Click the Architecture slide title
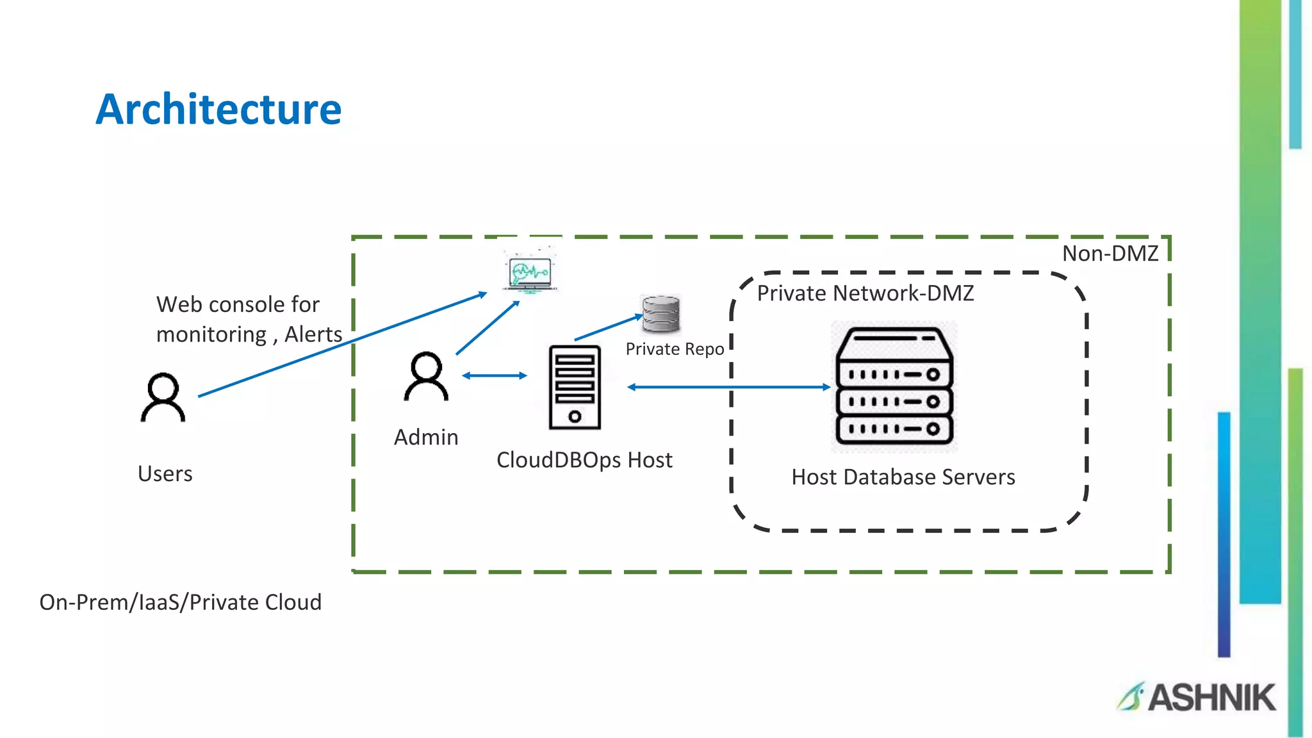pyautogui.click(x=218, y=109)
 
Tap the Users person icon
pyautogui.click(x=163, y=397)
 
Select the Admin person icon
pyautogui.click(x=425, y=377)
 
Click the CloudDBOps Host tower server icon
pyautogui.click(x=575, y=387)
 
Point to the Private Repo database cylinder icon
pyautogui.click(x=660, y=314)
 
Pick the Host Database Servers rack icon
pyautogui.click(x=894, y=387)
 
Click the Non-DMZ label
pyautogui.click(x=1110, y=254)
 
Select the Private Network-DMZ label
pyautogui.click(x=865, y=293)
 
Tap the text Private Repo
pyautogui.click(x=675, y=349)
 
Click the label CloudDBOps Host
pyautogui.click(x=584, y=460)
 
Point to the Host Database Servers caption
pyautogui.click(x=903, y=477)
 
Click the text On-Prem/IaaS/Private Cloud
pyautogui.click(x=180, y=602)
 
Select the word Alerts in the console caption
pyautogui.click(x=313, y=334)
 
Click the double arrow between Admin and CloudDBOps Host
pyautogui.click(x=494, y=375)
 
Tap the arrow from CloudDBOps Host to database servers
pyautogui.click(x=728, y=387)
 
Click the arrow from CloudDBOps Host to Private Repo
pyautogui.click(x=608, y=327)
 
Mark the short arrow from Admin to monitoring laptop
pyautogui.click(x=488, y=327)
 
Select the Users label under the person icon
pyautogui.click(x=165, y=474)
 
